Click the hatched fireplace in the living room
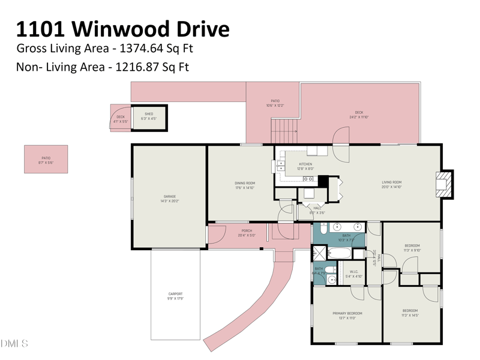pos(444,184)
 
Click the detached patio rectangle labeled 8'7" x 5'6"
pos(46,159)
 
